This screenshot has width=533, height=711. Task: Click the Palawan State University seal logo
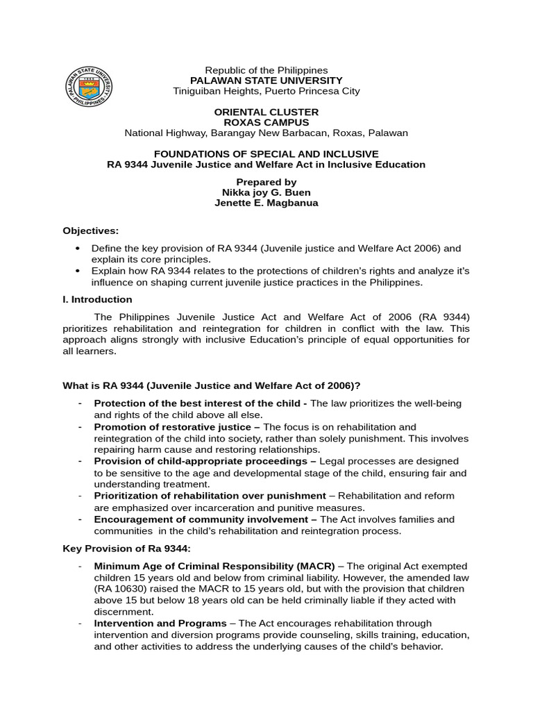[x=88, y=86]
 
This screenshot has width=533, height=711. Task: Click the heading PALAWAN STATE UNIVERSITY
[x=266, y=81]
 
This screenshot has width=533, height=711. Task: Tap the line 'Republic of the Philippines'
[x=266, y=70]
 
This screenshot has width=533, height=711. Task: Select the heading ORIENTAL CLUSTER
[x=266, y=112]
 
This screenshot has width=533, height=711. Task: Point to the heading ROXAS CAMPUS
[x=266, y=122]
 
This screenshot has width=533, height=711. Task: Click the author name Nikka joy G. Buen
[x=266, y=192]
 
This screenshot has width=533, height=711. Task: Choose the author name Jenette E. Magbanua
[x=266, y=203]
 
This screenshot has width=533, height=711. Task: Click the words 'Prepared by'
[x=266, y=182]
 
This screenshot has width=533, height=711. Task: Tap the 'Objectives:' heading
[x=91, y=231]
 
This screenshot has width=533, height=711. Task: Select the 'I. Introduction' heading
[x=97, y=299]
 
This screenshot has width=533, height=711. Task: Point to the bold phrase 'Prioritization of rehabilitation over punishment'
[x=210, y=496]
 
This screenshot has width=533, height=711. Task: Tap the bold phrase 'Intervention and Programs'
[x=160, y=624]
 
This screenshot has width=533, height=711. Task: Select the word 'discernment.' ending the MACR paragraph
[x=124, y=612]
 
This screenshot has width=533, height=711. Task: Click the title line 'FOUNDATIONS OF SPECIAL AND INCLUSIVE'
[x=266, y=153]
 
